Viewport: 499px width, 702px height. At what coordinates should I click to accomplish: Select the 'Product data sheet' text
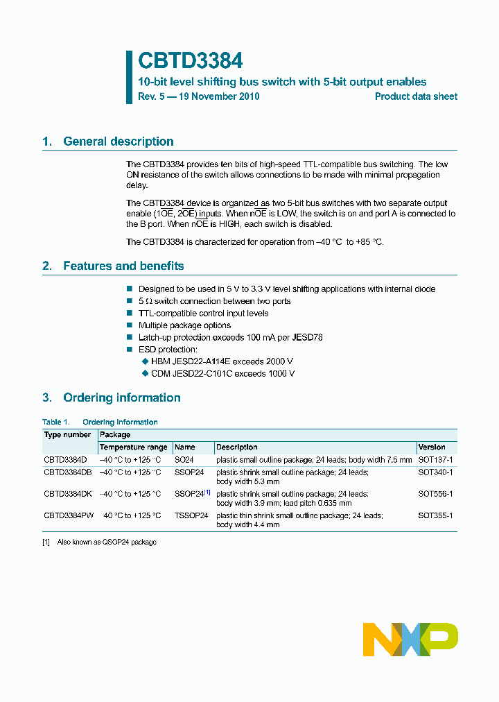pyautogui.click(x=416, y=97)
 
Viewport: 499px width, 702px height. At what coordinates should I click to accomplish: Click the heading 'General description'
pyautogui.click(x=118, y=142)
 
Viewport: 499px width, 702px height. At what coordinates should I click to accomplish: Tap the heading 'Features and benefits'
pyautogui.click(x=123, y=266)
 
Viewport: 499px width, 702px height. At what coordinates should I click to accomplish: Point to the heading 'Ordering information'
pyautogui.click(x=121, y=398)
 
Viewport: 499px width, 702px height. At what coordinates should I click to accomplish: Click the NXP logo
pyautogui.click(x=410, y=639)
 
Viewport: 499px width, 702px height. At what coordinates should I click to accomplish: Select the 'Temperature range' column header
pyautogui.click(x=133, y=447)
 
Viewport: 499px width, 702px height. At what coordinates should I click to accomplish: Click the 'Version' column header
pyautogui.click(x=432, y=447)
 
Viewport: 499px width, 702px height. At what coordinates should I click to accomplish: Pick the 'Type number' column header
pyautogui.click(x=67, y=435)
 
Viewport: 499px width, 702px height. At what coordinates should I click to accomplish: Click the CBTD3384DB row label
pyautogui.click(x=68, y=472)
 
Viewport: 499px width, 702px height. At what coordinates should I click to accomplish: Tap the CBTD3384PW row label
pyautogui.click(x=68, y=516)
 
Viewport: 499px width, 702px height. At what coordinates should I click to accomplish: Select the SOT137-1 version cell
pyautogui.click(x=435, y=460)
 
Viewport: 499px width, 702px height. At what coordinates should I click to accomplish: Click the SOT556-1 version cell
pyautogui.click(x=435, y=494)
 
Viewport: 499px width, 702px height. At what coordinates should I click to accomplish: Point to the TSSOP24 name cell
pyautogui.click(x=191, y=516)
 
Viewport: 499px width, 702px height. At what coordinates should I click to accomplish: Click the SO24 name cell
pyautogui.click(x=184, y=460)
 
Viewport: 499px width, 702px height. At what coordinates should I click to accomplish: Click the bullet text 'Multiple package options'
pyautogui.click(x=184, y=325)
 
